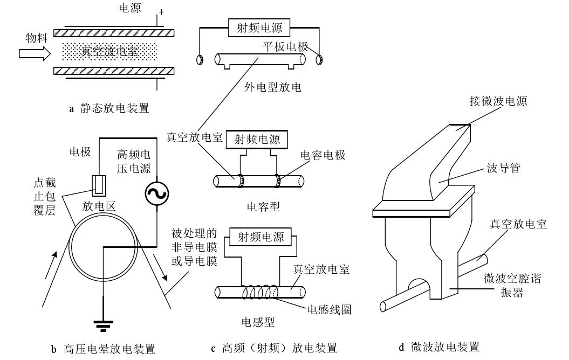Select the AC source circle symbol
point(157,194)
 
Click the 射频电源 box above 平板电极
point(256,27)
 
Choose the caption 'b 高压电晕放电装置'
point(102,348)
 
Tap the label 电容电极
point(324,155)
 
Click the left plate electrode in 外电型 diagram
point(199,59)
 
